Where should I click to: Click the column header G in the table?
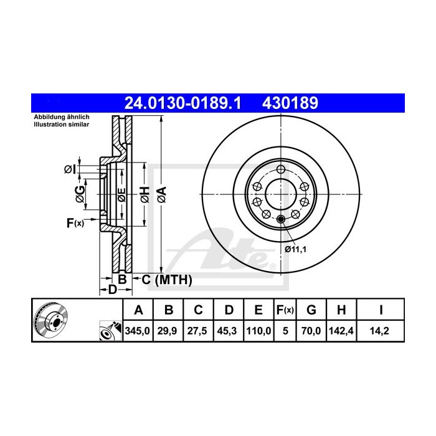(311, 310)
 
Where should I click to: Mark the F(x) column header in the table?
(285, 310)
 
